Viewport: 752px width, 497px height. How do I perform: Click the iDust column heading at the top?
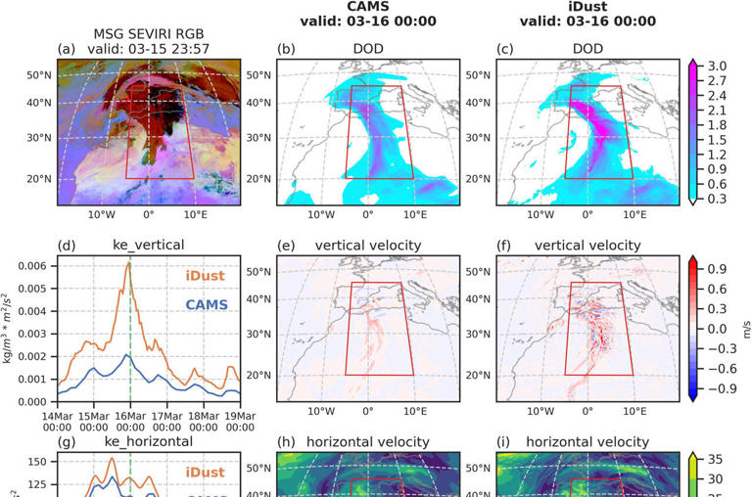click(x=587, y=8)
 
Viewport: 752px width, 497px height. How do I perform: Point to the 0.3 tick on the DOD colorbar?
click(x=717, y=199)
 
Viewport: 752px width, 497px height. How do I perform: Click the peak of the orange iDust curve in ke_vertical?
click(x=129, y=263)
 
